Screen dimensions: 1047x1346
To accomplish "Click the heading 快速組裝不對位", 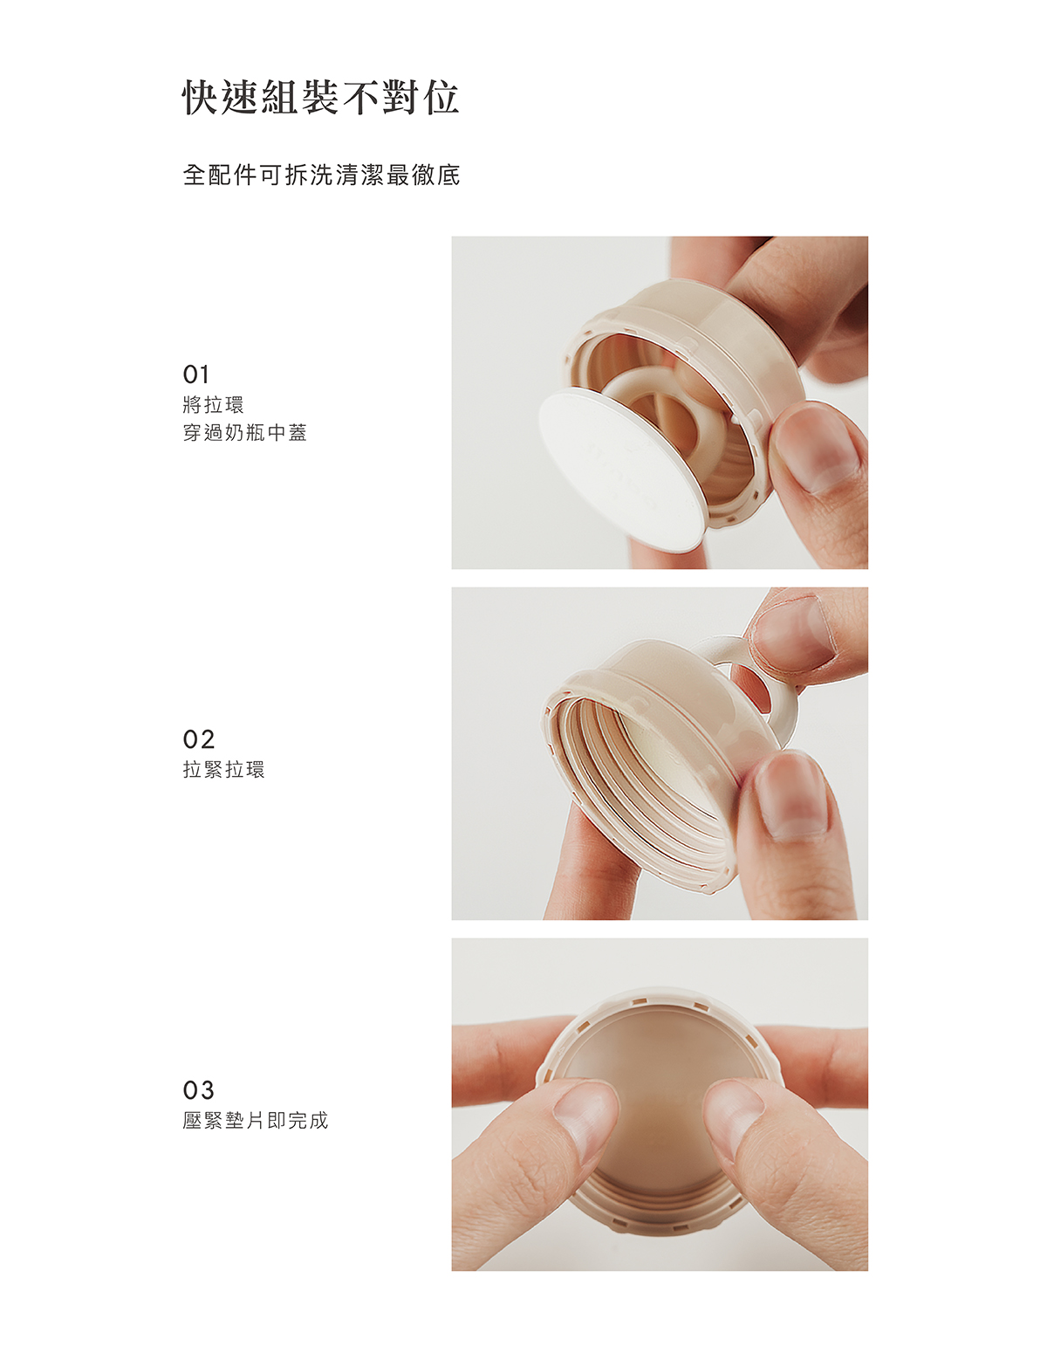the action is click(x=321, y=98).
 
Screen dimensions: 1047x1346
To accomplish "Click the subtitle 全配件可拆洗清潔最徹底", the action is click(x=321, y=175).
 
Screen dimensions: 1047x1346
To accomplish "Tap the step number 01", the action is click(x=195, y=374).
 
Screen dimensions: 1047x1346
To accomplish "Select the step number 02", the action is click(x=198, y=739).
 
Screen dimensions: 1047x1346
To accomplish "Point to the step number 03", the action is click(x=198, y=1089).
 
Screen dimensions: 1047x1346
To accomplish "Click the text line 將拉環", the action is click(x=214, y=405).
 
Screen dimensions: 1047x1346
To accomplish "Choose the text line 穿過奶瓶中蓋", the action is click(x=245, y=432).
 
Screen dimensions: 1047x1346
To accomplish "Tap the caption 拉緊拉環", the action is click(x=224, y=770).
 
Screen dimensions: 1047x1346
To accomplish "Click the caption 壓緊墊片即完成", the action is click(x=255, y=1121).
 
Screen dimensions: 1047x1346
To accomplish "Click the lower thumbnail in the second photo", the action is click(x=790, y=796).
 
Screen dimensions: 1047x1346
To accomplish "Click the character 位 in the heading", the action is click(x=442, y=98).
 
